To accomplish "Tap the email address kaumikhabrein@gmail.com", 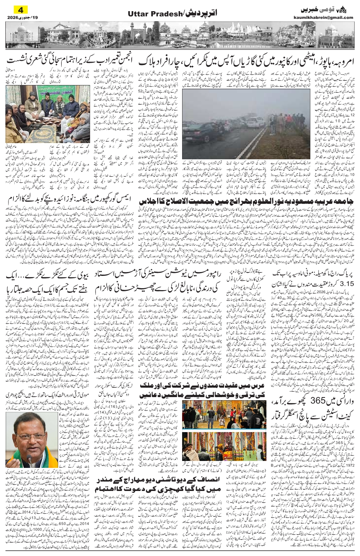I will click(x=328, y=17).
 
